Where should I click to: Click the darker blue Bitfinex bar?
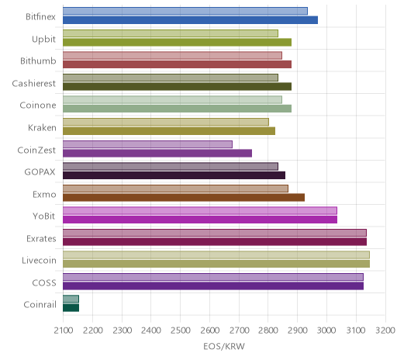[x=190, y=20]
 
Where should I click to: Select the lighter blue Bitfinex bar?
[x=185, y=11]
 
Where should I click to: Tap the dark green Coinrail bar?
[x=71, y=308]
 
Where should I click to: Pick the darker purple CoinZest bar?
[x=157, y=153]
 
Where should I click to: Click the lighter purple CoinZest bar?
[x=147, y=144]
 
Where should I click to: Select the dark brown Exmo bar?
[x=184, y=197]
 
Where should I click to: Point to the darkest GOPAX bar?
[x=174, y=175]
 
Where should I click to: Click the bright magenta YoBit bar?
[x=200, y=220]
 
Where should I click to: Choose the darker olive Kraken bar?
[x=169, y=131]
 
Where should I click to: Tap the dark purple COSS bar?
[x=213, y=286]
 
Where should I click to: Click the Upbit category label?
[x=43, y=40]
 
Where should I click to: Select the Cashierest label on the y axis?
[x=34, y=83]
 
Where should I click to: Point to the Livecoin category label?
[x=39, y=260]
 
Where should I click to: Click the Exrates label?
[x=41, y=238]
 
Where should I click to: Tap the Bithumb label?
[x=38, y=61]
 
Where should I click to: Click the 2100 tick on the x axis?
[x=64, y=331]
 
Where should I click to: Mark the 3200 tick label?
[x=385, y=331]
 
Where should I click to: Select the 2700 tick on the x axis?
[x=239, y=331]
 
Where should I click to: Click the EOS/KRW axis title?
[x=224, y=346]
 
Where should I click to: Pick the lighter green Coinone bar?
[x=172, y=100]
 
